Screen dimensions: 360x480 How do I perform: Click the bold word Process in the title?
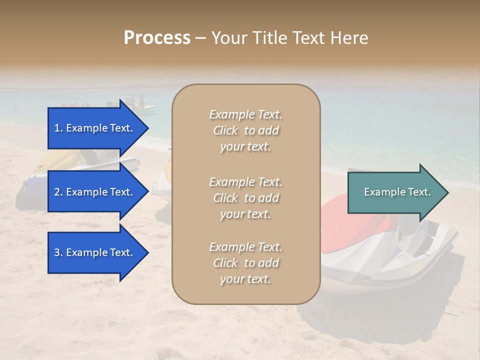(x=157, y=38)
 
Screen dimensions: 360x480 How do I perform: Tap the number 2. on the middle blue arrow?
(x=58, y=192)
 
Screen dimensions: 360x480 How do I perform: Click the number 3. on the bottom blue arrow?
(x=58, y=252)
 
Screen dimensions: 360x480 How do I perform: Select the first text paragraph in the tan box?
(x=245, y=130)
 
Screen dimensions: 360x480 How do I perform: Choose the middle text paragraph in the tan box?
(x=245, y=198)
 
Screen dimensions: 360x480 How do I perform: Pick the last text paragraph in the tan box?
(x=245, y=263)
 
